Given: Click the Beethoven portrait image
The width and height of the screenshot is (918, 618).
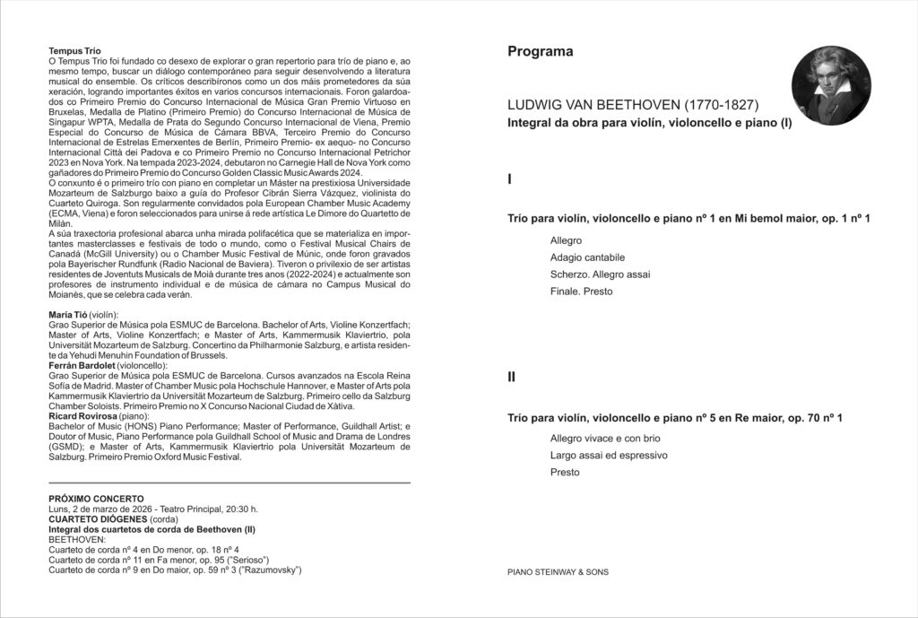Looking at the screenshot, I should pyautogui.click(x=831, y=86).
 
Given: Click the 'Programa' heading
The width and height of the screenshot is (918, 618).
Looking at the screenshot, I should pyautogui.click(x=540, y=52).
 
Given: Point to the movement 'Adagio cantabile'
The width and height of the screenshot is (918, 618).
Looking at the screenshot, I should pyautogui.click(x=587, y=257).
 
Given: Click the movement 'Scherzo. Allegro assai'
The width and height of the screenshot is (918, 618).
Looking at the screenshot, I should pyautogui.click(x=600, y=274).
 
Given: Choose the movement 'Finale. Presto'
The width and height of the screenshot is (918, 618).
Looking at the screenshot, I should pyautogui.click(x=582, y=292).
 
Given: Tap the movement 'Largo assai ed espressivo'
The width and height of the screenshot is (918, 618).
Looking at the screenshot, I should pyautogui.click(x=609, y=455).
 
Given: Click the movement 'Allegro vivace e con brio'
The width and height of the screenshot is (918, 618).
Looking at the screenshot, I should pyautogui.click(x=605, y=438).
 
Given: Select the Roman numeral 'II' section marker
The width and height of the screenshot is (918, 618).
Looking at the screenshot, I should pyautogui.click(x=512, y=378).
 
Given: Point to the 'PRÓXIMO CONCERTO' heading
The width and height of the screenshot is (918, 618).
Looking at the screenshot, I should pyautogui.click(x=95, y=499).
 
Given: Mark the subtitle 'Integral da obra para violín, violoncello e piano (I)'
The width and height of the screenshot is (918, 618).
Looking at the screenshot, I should pyautogui.click(x=649, y=122).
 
